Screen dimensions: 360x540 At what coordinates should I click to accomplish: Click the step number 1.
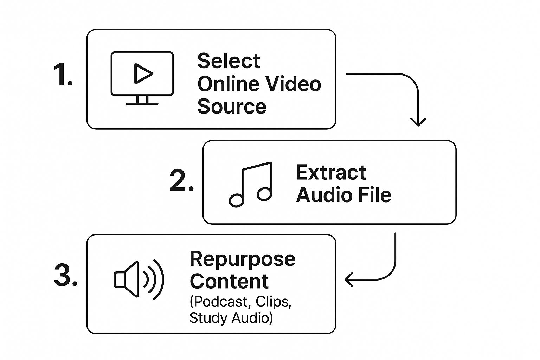(x=63, y=75)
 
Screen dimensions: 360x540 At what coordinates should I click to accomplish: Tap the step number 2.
(x=181, y=181)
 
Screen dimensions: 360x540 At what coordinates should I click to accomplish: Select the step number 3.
(x=66, y=275)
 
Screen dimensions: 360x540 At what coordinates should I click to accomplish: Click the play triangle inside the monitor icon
(x=143, y=73)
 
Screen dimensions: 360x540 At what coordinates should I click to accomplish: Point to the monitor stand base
(x=142, y=103)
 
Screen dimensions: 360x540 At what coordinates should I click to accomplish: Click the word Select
(x=229, y=61)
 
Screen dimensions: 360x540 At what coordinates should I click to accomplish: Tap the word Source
(x=232, y=106)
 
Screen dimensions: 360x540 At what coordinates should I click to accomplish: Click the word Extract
(x=331, y=172)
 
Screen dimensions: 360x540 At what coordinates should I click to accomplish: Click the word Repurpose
(x=242, y=259)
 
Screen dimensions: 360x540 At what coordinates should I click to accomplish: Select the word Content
(x=229, y=282)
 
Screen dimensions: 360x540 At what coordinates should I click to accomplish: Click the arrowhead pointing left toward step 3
(x=349, y=279)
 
